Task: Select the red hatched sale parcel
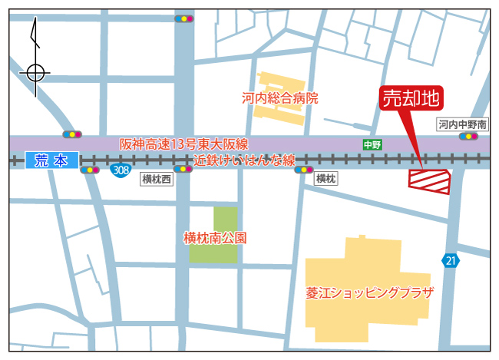coord(428,181)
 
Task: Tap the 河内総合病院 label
coord(279,98)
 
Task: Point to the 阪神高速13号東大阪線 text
coord(183,144)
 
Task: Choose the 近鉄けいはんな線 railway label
coord(244,160)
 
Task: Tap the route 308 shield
coord(119,169)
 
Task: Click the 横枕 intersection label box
coord(326,179)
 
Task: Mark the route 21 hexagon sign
coord(451,261)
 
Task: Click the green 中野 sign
coord(372,144)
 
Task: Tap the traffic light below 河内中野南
coord(468,137)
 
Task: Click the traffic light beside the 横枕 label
coord(305,170)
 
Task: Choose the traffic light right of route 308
coord(183,170)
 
